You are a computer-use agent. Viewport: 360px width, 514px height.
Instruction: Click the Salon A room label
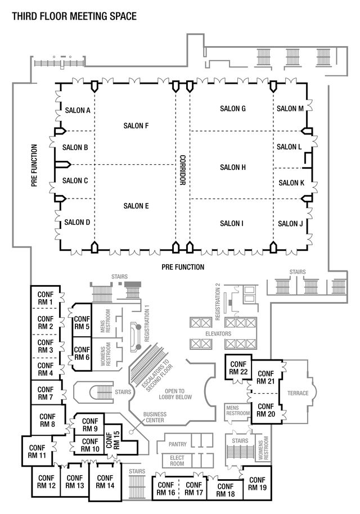point(78,110)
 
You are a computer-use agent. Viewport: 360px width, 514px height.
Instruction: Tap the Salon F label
point(136,125)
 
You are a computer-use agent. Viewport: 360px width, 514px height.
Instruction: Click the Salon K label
point(291,183)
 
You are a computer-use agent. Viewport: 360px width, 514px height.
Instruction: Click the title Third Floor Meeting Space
point(74,16)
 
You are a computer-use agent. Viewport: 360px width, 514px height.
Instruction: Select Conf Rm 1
point(45,298)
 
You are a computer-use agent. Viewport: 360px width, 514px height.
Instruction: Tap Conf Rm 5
point(82,322)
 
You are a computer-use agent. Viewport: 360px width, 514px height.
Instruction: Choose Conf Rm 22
point(238,367)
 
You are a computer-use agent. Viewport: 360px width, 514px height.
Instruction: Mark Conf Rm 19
point(256,484)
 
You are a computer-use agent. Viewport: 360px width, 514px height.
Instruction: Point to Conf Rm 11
point(38,452)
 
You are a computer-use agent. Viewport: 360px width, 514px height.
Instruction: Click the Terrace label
point(298,393)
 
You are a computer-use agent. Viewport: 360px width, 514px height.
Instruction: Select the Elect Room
point(177,461)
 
